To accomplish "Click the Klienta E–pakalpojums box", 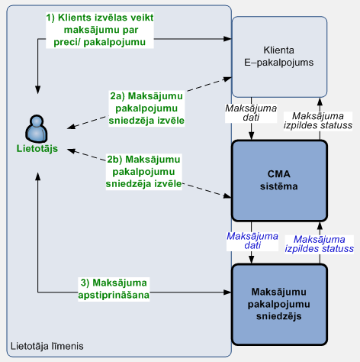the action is click(279, 57).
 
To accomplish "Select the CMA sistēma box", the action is click(279, 180).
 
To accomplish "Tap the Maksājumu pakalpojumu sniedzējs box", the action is click(279, 305).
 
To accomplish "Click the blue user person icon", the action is click(37, 128).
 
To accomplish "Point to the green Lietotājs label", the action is click(37, 148).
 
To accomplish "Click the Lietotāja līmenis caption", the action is click(47, 346).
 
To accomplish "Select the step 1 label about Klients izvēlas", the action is click(100, 30).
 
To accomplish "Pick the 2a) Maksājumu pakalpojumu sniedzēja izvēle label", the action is click(146, 108).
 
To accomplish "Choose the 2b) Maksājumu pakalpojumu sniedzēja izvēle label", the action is click(143, 172).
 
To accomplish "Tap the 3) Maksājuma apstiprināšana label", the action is click(114, 289).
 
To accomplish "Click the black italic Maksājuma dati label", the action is click(251, 113).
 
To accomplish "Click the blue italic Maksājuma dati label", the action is click(252, 241).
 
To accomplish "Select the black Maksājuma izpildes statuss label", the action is click(318, 121).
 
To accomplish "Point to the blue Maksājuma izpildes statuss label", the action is click(320, 244).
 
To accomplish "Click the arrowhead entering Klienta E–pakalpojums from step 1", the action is click(228, 39).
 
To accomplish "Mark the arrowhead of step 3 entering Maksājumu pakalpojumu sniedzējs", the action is click(228, 292).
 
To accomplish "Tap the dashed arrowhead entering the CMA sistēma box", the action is click(227, 196).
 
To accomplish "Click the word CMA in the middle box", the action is click(279, 174).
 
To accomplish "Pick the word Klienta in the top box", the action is click(279, 50).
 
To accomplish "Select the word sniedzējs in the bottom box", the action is click(279, 316).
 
